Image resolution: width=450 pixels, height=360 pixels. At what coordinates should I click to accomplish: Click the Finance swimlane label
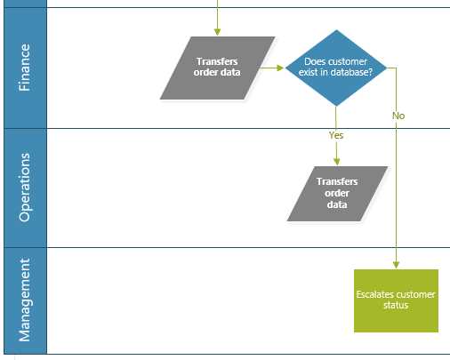tap(24, 68)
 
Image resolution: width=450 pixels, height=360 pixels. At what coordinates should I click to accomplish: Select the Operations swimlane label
tap(24, 188)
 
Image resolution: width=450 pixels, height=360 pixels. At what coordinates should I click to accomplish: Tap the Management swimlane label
tap(24, 300)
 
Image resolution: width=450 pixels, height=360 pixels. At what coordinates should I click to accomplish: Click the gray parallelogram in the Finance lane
tap(218, 68)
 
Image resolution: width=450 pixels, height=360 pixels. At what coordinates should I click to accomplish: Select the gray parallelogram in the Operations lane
tap(337, 193)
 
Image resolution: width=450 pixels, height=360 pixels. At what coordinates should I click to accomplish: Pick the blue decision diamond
tap(336, 68)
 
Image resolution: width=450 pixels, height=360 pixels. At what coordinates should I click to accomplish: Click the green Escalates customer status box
tap(396, 300)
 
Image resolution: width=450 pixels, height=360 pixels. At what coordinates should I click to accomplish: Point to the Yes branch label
tap(336, 135)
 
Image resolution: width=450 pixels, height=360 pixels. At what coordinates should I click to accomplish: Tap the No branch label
tap(398, 116)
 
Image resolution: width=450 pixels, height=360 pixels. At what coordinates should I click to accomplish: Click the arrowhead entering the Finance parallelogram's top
tap(218, 33)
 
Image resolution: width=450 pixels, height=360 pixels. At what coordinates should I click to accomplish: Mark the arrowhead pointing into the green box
tap(396, 264)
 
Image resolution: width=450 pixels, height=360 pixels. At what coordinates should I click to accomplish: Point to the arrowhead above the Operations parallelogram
tap(336, 162)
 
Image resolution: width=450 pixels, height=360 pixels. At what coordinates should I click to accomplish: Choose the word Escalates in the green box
tap(375, 294)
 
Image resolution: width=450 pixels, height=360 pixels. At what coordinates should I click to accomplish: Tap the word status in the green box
tap(396, 306)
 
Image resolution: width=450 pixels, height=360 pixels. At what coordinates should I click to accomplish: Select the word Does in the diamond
tap(316, 61)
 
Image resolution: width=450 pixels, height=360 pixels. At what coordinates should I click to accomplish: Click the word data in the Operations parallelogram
tap(336, 204)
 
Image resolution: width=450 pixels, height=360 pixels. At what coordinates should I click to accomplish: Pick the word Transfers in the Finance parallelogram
tap(218, 61)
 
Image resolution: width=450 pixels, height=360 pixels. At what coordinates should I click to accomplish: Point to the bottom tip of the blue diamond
tap(336, 106)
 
